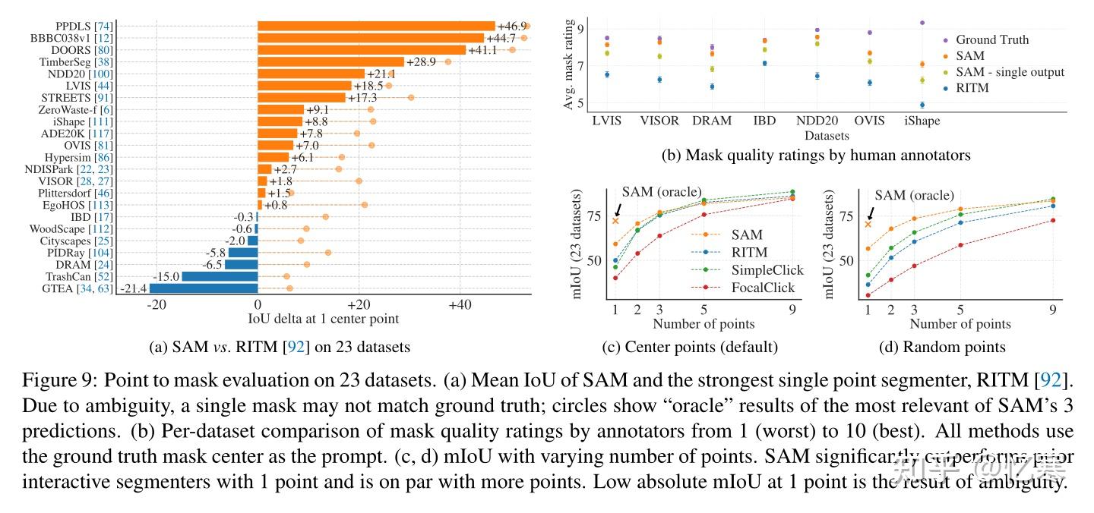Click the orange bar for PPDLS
[376, 26]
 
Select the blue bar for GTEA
[204, 288]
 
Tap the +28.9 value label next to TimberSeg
[420, 61]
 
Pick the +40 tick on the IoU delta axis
[460, 304]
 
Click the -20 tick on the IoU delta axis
[156, 304]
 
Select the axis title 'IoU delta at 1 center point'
[323, 319]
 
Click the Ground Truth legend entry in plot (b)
[991, 39]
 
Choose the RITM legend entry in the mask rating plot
[972, 88]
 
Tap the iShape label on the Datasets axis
[922, 121]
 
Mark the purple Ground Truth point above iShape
[922, 23]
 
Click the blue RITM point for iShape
[922, 105]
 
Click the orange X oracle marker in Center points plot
[615, 221]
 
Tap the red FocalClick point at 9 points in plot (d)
[1053, 221]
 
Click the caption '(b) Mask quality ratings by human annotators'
[816, 156]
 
